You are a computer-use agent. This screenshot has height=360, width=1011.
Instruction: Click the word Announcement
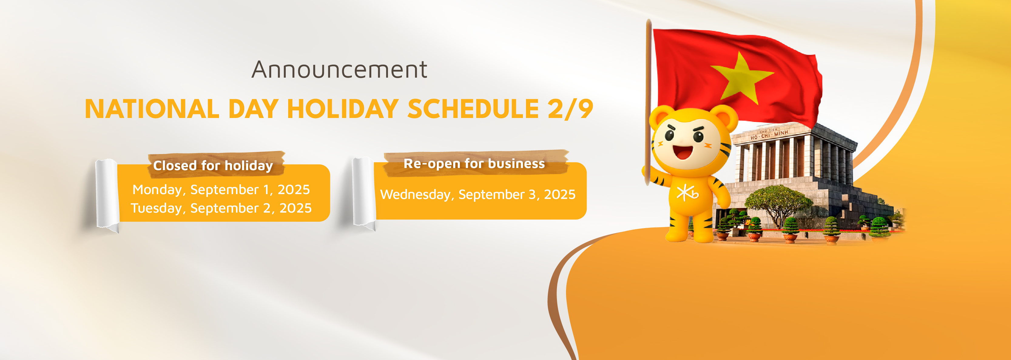[x=339, y=69]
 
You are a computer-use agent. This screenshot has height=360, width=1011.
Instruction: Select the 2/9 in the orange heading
[x=570, y=109]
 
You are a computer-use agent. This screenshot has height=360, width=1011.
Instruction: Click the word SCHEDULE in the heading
[x=473, y=109]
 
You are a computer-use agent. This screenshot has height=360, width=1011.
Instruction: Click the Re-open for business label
[x=474, y=163]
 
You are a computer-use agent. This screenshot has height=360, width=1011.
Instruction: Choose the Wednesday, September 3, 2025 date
[x=478, y=194]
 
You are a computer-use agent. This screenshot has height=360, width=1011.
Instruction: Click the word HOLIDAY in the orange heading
[x=343, y=109]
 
